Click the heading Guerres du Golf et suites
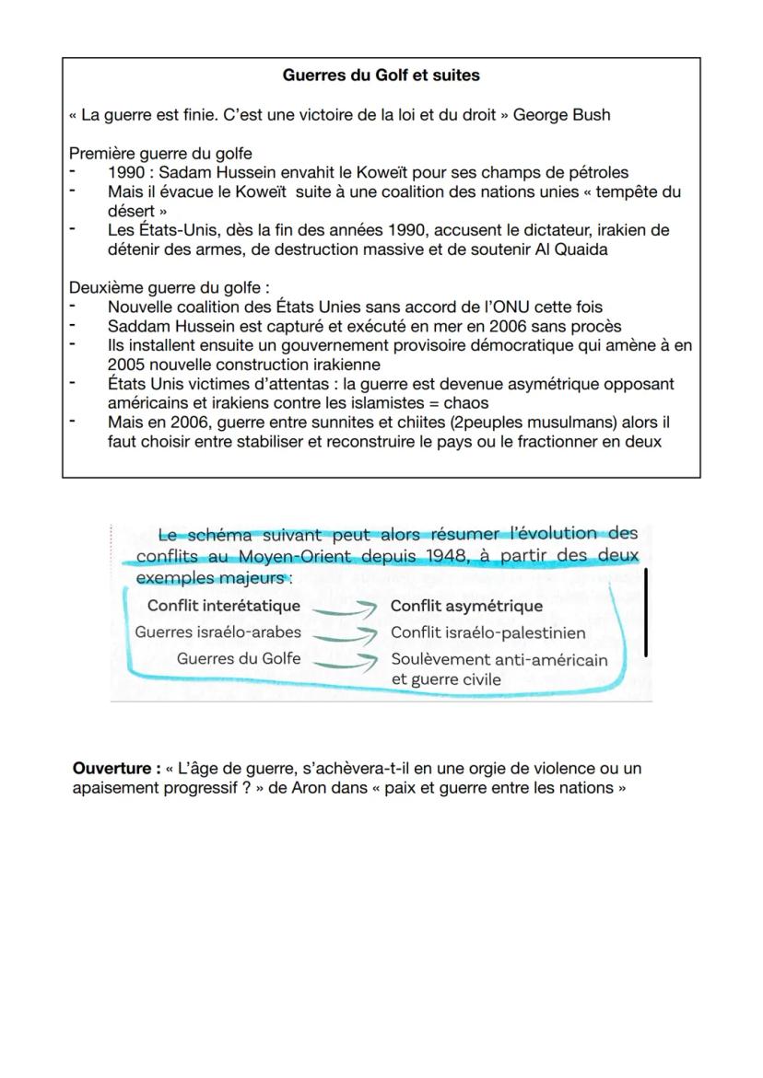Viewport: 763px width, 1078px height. [381, 75]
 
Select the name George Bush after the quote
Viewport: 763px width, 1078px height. [561, 115]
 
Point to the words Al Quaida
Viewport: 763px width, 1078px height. [571, 249]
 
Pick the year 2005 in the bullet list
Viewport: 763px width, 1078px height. [126, 365]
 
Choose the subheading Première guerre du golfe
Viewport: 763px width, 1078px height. [160, 153]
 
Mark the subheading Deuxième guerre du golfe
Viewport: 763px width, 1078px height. [170, 287]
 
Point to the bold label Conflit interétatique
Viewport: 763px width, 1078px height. [224, 606]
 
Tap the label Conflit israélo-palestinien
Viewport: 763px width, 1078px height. [487, 632]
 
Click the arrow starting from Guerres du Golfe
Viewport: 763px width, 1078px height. [345, 659]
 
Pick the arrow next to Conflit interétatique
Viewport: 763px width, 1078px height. [345, 607]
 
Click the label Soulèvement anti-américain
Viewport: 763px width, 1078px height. [499, 659]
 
